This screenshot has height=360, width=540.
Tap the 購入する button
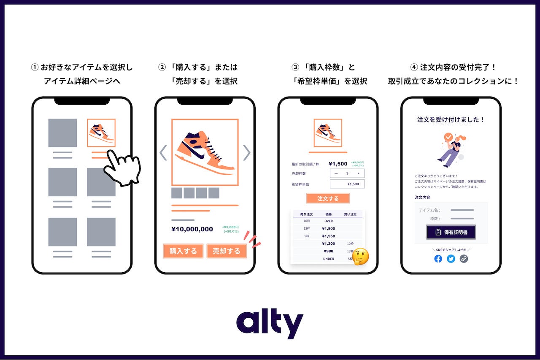[183, 251]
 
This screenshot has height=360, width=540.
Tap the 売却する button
[227, 251]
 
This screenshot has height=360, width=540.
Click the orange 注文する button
[328, 198]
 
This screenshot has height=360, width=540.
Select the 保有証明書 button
[451, 232]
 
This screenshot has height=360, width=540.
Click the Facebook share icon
[438, 259]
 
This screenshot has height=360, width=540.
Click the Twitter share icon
[451, 259]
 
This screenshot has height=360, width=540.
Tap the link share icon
[464, 259]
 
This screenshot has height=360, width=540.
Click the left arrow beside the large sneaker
[163, 153]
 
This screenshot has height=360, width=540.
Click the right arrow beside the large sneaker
[247, 153]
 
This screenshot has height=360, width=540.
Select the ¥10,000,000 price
[192, 229]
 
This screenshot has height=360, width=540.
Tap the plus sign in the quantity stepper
[359, 173]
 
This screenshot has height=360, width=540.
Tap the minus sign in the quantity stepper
[336, 173]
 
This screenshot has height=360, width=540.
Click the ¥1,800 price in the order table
[328, 228]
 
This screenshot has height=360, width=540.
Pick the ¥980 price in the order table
[328, 251]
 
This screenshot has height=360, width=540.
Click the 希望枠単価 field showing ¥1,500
[347, 184]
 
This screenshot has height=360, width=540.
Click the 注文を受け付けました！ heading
[451, 119]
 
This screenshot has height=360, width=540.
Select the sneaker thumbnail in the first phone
[101, 133]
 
